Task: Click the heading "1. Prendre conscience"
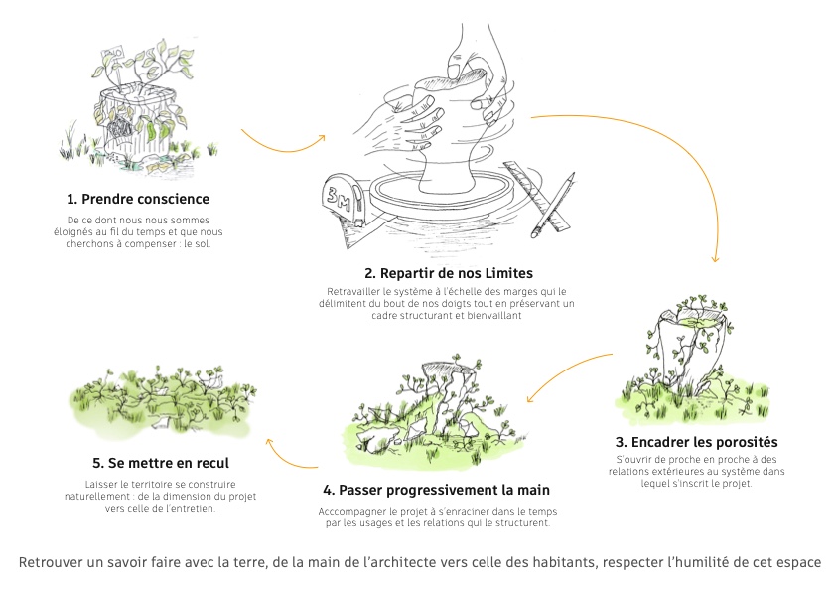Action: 145,198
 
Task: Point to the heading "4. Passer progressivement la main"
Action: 436,490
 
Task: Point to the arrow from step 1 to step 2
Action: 283,144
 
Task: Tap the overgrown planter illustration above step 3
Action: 685,353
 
